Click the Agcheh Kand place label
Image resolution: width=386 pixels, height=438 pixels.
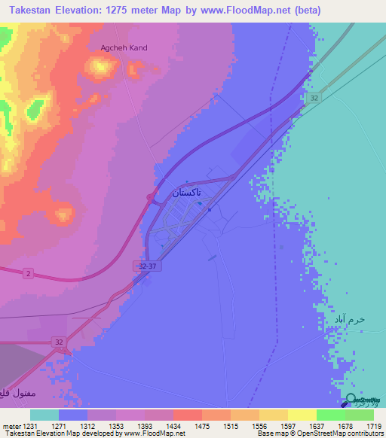124,47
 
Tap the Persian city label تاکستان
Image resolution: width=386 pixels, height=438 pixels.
186,193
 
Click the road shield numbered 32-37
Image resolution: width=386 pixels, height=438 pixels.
149,266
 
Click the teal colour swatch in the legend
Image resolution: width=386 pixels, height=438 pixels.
44,415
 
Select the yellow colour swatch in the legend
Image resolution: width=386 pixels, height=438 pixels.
302,415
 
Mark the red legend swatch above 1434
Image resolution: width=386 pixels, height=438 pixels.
187,415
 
